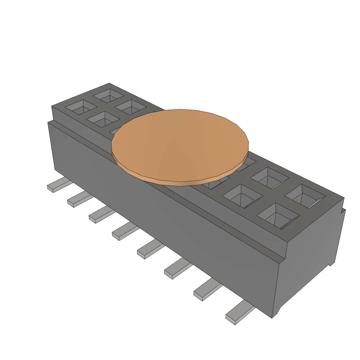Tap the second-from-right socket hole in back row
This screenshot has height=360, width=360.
[x=270, y=178]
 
